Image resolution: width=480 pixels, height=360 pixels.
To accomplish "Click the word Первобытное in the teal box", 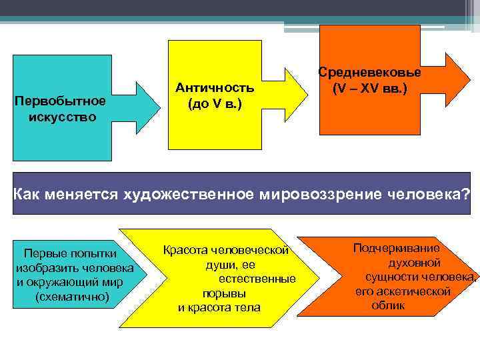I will point(61,101).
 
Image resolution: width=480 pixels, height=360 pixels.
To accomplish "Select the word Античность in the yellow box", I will point(214,88).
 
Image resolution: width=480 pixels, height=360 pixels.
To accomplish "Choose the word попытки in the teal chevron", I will point(93,253).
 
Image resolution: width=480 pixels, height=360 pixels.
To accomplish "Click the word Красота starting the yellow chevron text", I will point(185,251).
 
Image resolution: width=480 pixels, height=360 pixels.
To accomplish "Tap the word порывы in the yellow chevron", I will point(224,293).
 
